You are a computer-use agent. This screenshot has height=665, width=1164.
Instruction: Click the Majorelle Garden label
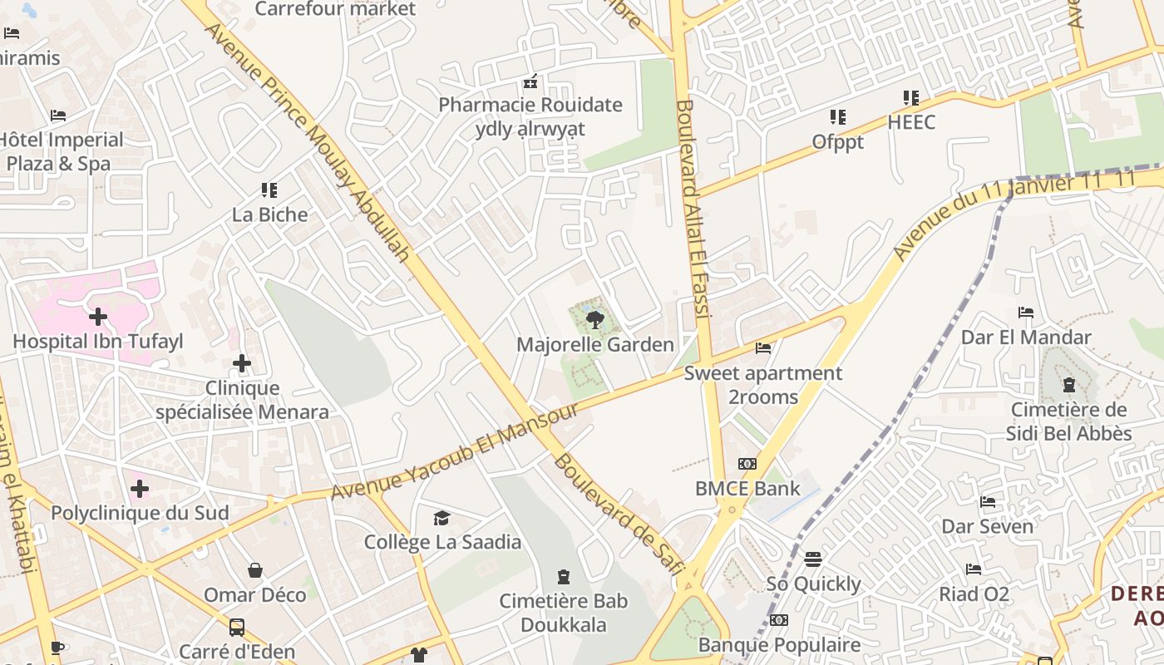(594, 344)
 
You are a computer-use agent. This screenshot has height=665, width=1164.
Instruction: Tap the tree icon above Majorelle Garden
(594, 319)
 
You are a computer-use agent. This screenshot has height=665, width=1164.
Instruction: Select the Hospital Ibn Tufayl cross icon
(98, 317)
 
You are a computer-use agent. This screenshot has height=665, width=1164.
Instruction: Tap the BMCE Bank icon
(747, 464)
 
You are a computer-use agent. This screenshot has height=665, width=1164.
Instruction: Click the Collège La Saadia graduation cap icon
(441, 519)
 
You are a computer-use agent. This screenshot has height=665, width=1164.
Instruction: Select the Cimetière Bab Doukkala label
(564, 613)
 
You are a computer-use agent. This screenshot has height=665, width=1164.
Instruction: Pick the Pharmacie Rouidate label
(530, 105)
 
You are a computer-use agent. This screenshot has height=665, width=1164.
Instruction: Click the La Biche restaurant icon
(269, 190)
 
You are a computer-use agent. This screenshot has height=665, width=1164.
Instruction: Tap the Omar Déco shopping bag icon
(255, 570)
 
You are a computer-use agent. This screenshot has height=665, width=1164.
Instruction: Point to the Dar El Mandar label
(1026, 337)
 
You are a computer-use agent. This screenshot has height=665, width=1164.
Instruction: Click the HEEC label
(911, 122)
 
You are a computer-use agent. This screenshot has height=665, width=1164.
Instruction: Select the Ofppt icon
(837, 117)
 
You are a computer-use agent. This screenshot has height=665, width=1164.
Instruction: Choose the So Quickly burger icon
(813, 559)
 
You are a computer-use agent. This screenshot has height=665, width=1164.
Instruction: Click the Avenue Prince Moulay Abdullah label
(308, 142)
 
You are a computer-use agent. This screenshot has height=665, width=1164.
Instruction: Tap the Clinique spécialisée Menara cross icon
(242, 363)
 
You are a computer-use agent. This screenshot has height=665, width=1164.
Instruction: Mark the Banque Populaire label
(779, 645)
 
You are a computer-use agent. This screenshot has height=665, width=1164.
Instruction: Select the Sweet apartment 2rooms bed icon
(763, 347)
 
